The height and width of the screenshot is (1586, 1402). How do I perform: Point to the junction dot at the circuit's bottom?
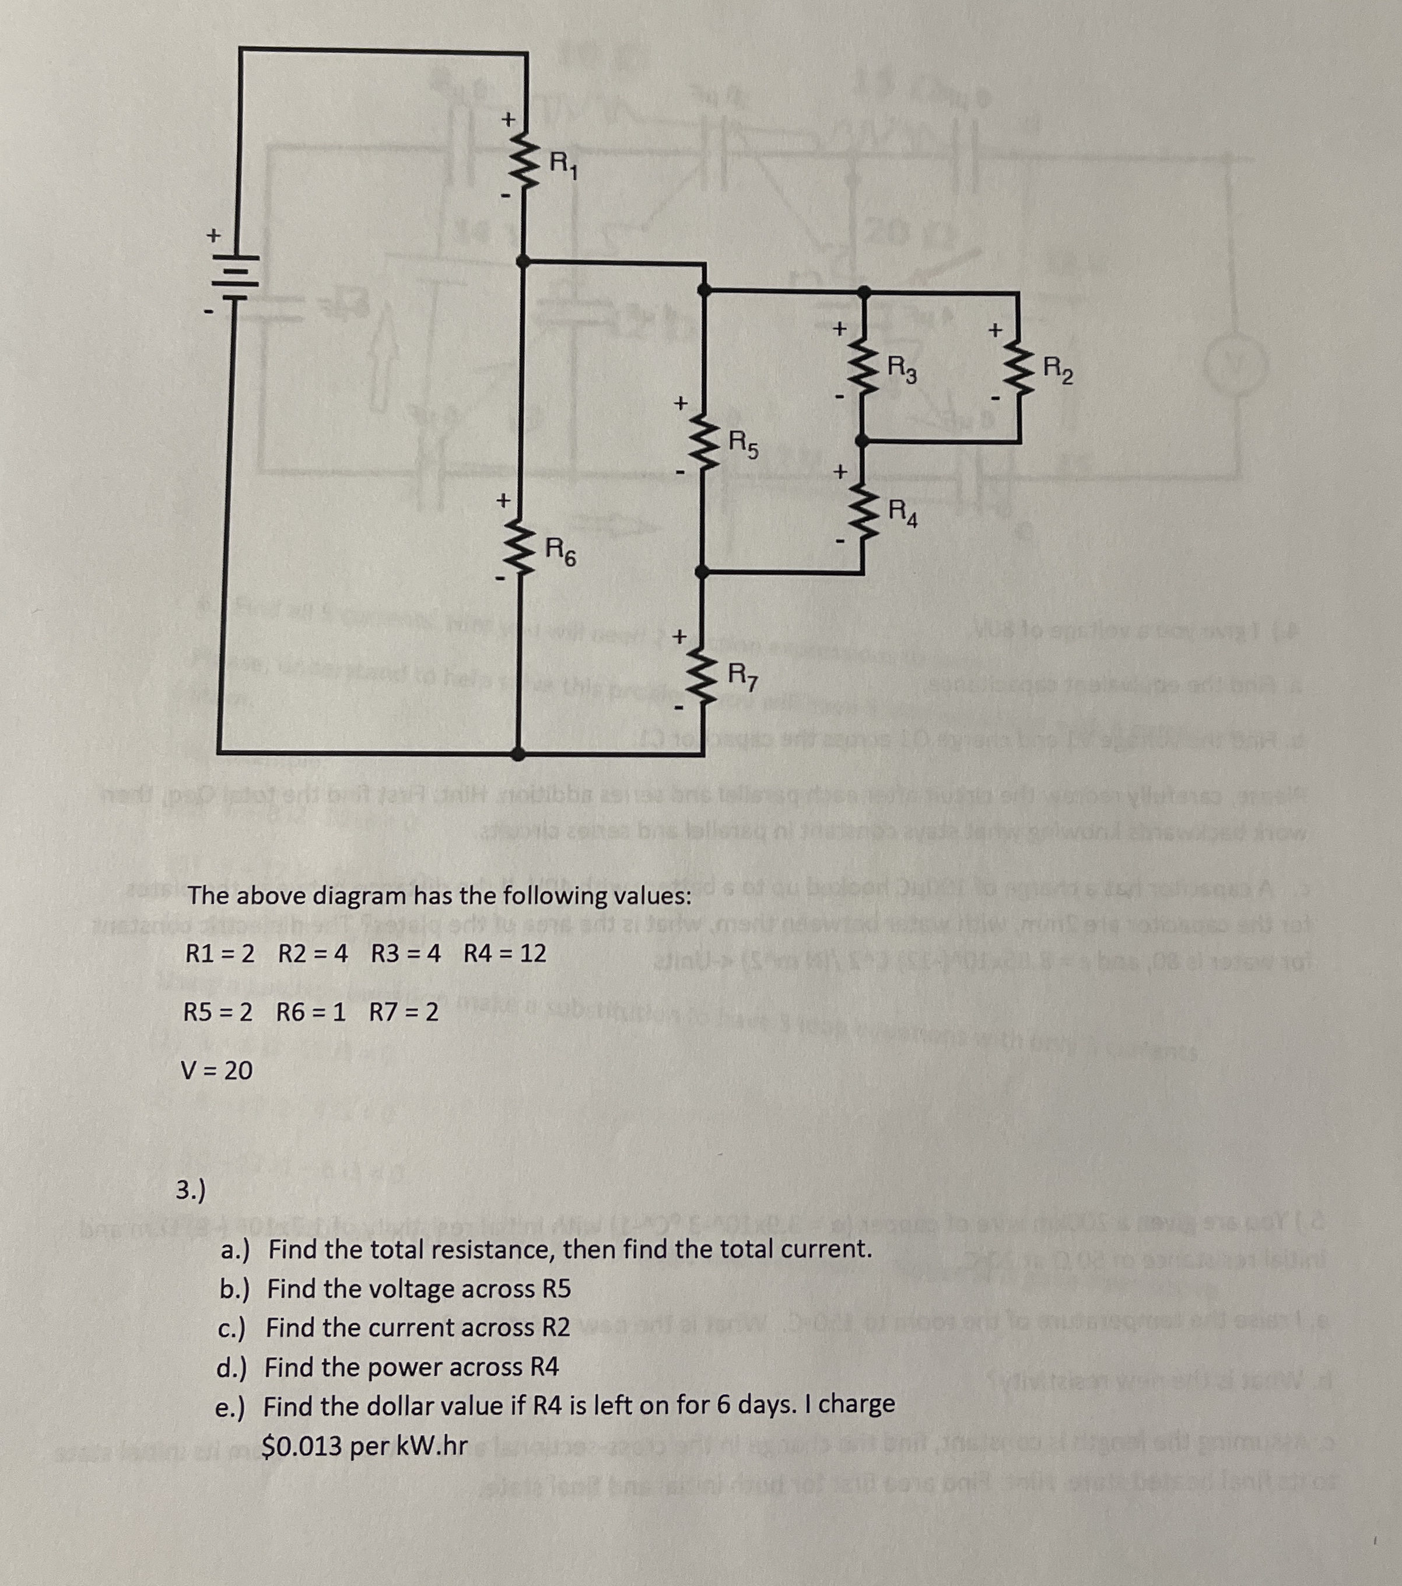coord(519,752)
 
